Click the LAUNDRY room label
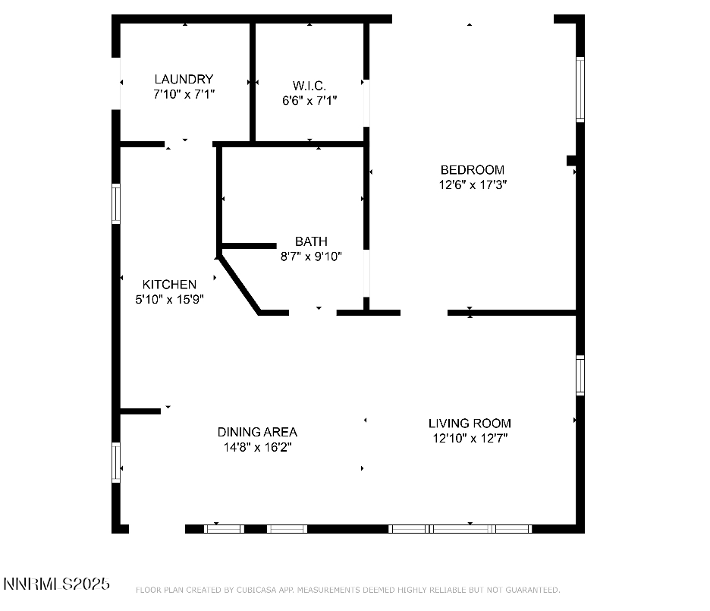click(184, 79)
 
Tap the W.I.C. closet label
click(309, 85)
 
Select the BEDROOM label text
click(472, 169)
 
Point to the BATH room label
click(311, 241)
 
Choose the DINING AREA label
click(257, 432)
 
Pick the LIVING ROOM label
click(470, 423)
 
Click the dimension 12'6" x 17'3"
click(472, 184)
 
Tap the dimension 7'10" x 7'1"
click(184, 94)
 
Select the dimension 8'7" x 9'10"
click(311, 257)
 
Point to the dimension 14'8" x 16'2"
click(257, 447)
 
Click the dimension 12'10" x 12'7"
click(470, 438)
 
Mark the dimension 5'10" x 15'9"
click(169, 299)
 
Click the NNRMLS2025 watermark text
click(57, 584)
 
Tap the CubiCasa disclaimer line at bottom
click(347, 590)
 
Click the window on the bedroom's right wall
click(580, 90)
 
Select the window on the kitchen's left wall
click(116, 203)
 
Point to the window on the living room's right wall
click(580, 376)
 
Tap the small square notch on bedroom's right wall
click(572, 160)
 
